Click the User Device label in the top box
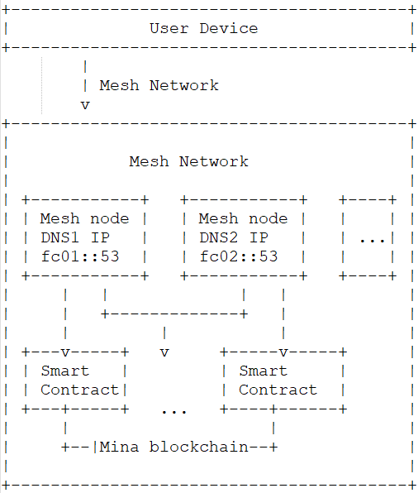[203, 28]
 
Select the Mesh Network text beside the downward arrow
[159, 85]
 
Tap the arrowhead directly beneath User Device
[84, 105]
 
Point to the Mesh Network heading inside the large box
[188, 161]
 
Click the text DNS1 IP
[74, 237]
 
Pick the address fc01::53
[80, 256]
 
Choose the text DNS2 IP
[233, 237]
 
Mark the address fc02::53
[239, 256]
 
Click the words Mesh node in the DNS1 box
[84, 218]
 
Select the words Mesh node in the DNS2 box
[243, 218]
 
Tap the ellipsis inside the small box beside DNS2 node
[372, 238]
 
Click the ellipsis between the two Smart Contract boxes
[173, 409]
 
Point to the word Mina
[120, 447]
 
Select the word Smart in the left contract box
[64, 371]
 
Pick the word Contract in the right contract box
[278, 390]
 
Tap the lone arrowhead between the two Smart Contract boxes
[164, 352]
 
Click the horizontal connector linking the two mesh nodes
[173, 314]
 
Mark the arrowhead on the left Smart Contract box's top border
[64, 352]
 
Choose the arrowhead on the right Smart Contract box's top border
[283, 352]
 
